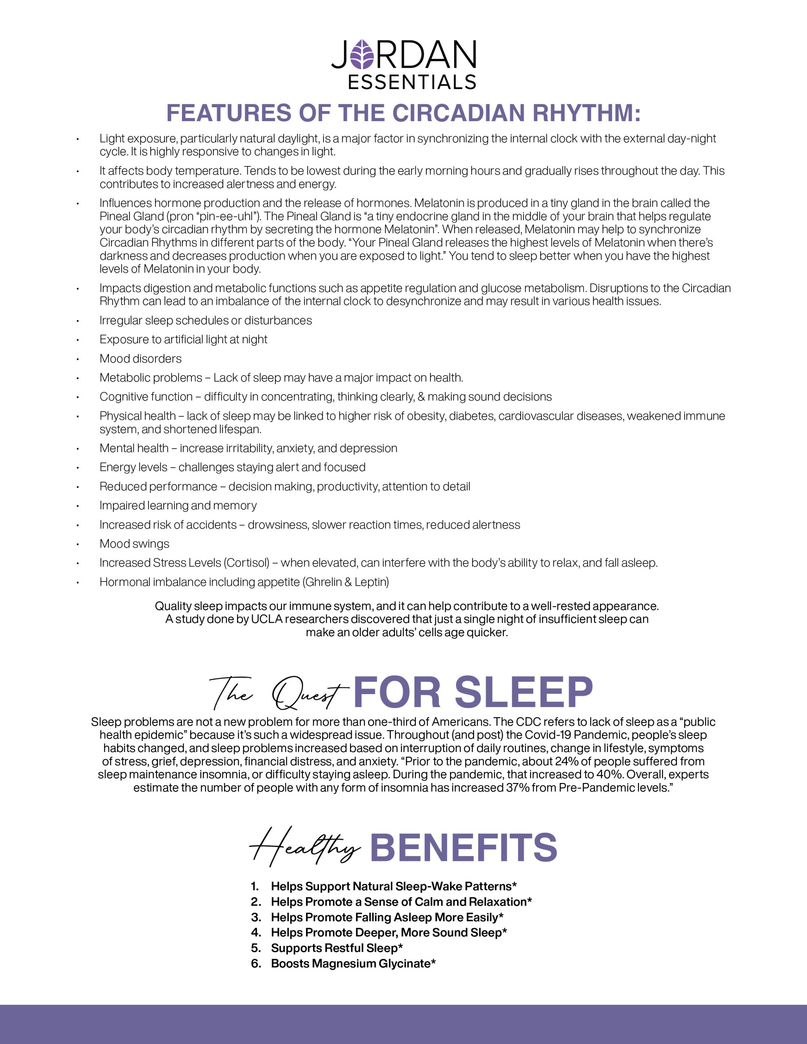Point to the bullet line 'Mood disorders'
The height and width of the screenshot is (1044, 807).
pos(140,358)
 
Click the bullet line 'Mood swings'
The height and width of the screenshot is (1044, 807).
pos(134,544)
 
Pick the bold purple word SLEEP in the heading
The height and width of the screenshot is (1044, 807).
pos(523,692)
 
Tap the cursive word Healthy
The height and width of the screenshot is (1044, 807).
pos(304,847)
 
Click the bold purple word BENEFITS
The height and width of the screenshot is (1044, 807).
pos(463,847)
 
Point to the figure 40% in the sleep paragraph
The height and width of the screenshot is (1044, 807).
pos(608,775)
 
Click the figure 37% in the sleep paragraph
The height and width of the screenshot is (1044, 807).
pos(517,788)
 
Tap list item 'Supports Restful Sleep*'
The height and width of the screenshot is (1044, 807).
pos(337,948)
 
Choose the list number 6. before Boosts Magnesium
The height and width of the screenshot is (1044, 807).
pos(256,963)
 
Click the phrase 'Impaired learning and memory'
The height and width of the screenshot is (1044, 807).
pos(178,506)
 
